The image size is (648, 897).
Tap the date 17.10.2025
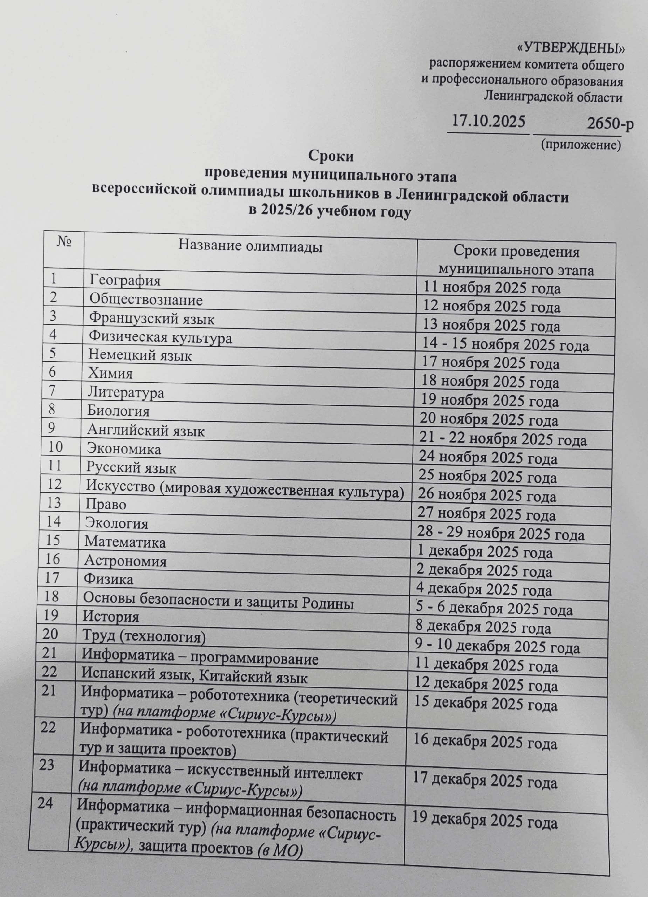click(x=488, y=121)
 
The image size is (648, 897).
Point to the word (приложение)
click(x=580, y=144)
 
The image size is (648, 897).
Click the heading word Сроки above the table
click(x=331, y=156)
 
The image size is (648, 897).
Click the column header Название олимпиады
click(x=250, y=246)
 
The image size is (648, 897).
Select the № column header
click(x=64, y=242)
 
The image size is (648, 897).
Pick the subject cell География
click(x=125, y=280)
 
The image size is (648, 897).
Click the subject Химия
click(x=110, y=373)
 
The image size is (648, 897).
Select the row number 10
click(x=55, y=447)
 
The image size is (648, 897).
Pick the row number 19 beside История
click(x=51, y=615)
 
